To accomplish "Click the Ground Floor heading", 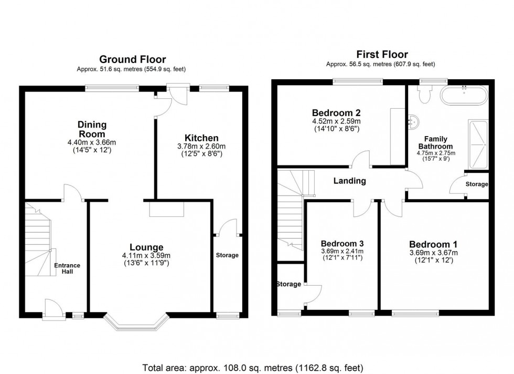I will click(132, 59).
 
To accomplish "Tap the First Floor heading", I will click(381, 54).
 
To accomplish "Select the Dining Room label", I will click(92, 129).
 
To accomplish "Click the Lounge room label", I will click(147, 247).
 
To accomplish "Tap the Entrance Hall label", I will click(67, 268).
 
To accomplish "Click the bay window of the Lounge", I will click(136, 323).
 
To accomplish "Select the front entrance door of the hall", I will click(52, 310).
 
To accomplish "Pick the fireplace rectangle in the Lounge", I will click(166, 209).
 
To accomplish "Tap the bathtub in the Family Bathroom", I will click(464, 96).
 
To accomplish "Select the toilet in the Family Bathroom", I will click(424, 95).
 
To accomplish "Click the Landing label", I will click(350, 181).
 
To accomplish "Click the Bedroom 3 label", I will click(342, 244).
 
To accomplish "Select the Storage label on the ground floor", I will click(227, 255).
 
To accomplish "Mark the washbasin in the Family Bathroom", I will click(413, 123).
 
